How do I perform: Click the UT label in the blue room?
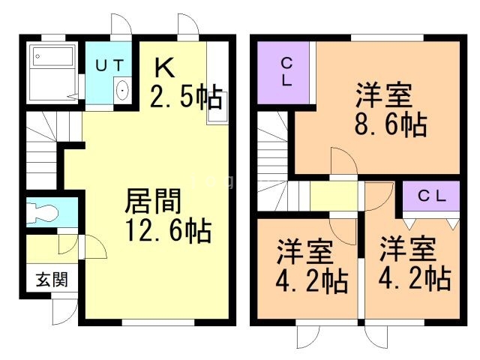[x=109, y=65]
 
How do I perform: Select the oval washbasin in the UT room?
[x=122, y=90]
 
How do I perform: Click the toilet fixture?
[x=42, y=212]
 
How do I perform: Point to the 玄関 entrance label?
[x=52, y=279]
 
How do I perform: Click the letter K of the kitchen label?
[x=165, y=68]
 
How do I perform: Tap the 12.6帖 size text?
[x=168, y=230]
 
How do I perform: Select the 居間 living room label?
[x=153, y=201]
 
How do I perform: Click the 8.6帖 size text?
[x=391, y=124]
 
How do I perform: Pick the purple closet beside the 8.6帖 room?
[x=283, y=73]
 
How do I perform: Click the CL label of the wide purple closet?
[x=432, y=196]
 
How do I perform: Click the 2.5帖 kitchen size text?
[x=186, y=96]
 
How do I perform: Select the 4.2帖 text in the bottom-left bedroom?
[x=312, y=281]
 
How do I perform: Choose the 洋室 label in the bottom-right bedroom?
[x=408, y=249]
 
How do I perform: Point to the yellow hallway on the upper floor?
[x=334, y=196]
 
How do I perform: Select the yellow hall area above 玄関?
[x=52, y=249]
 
